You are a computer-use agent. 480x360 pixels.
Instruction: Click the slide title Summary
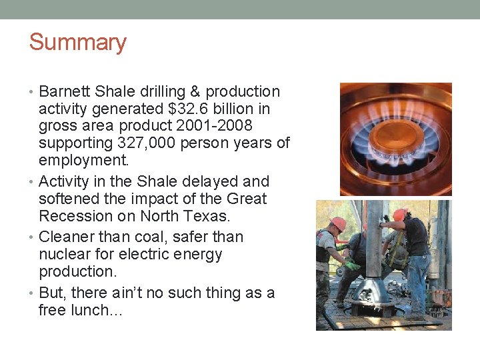pyautogui.click(x=77, y=42)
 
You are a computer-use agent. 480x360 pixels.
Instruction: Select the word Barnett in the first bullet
pyautogui.click(x=65, y=91)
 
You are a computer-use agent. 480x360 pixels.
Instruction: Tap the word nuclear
pyautogui.click(x=65, y=254)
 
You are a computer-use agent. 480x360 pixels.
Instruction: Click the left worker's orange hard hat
pyautogui.click(x=339, y=223)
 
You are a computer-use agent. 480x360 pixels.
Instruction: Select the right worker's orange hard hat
pyautogui.click(x=400, y=215)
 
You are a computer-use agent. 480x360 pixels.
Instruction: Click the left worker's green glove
pyautogui.click(x=352, y=265)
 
